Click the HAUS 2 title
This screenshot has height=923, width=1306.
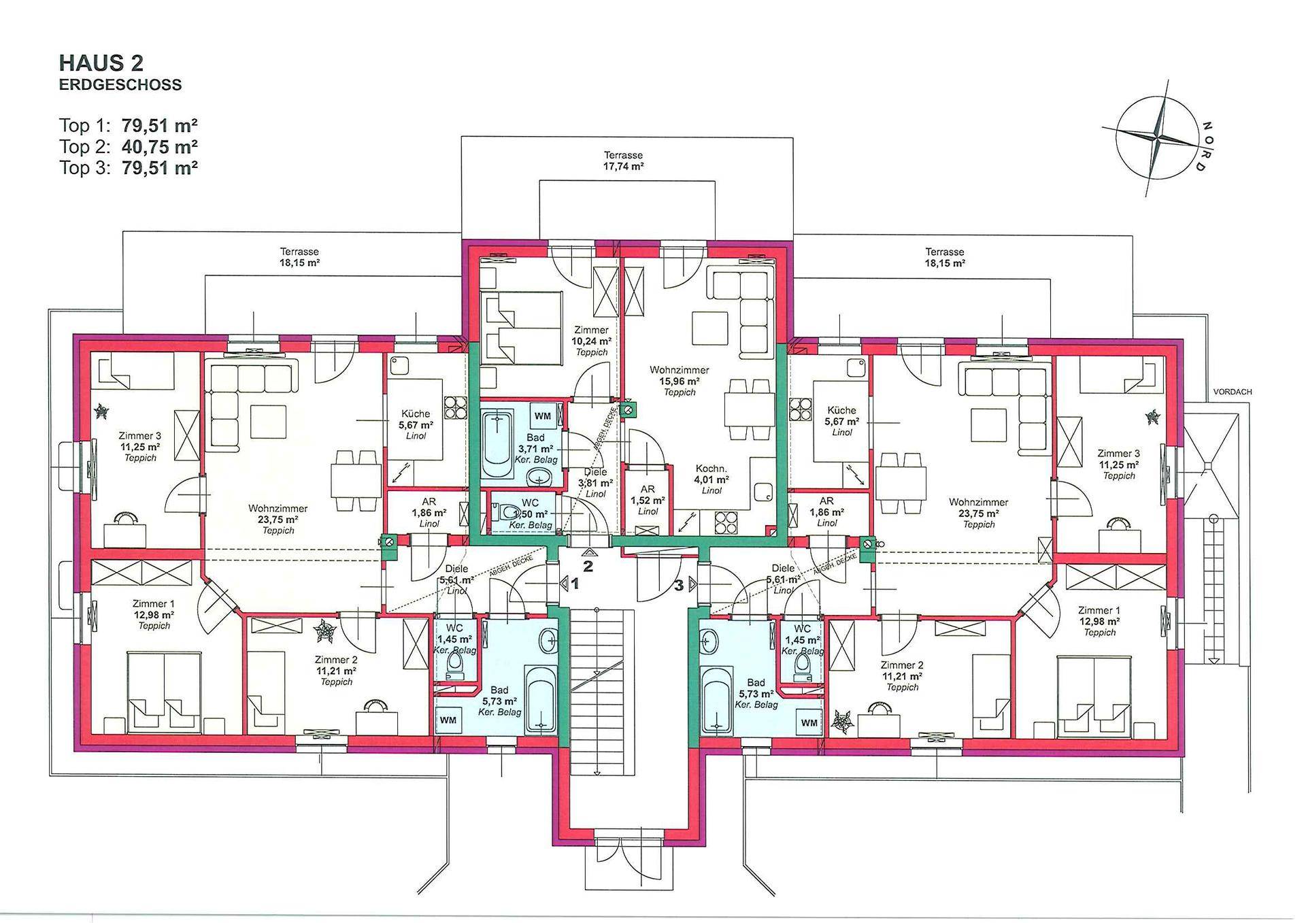101,63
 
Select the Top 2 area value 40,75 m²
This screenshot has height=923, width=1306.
160,146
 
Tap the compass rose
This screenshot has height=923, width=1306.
1158,138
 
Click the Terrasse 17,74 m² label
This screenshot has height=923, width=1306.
624,161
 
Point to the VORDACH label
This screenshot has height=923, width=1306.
1233,392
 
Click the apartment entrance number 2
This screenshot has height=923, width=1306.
588,565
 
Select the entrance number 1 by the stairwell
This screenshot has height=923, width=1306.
575,584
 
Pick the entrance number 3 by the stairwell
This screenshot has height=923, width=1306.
678,584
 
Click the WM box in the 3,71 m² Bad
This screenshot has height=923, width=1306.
542,416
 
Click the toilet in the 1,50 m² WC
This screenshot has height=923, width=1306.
507,511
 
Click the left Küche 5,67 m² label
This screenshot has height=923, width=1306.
416,419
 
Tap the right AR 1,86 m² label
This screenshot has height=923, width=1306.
826,507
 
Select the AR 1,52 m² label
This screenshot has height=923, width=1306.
648,494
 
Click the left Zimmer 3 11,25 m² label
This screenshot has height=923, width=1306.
140,441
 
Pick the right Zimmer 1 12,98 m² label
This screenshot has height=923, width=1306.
1099,616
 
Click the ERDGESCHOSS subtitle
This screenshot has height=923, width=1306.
120,85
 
